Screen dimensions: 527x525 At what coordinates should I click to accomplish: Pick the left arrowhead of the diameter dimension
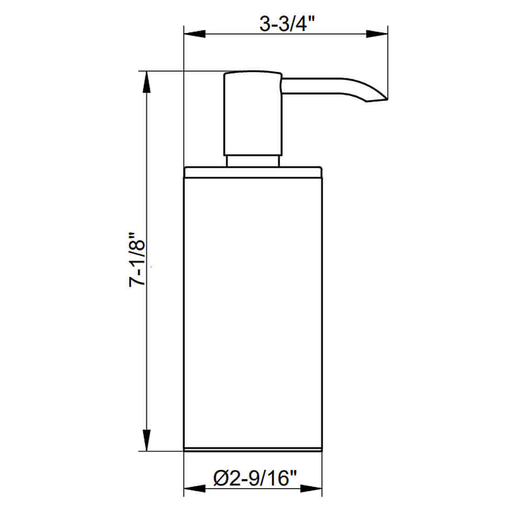click(x=194, y=489)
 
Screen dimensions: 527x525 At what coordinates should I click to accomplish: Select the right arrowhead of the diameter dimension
click(x=312, y=489)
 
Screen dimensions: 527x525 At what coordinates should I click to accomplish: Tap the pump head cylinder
click(x=253, y=113)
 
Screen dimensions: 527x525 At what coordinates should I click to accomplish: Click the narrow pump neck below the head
click(x=253, y=160)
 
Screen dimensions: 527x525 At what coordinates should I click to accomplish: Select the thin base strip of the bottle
click(x=253, y=449)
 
